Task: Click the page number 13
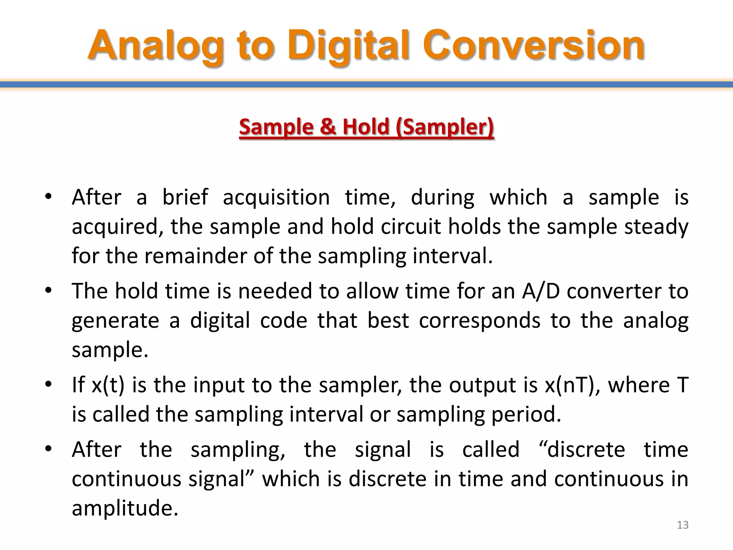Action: (683, 525)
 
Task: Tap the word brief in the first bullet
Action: (185, 197)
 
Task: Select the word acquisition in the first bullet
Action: (276, 198)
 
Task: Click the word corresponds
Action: (480, 320)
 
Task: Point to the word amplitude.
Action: (125, 508)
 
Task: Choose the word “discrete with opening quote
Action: (582, 450)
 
